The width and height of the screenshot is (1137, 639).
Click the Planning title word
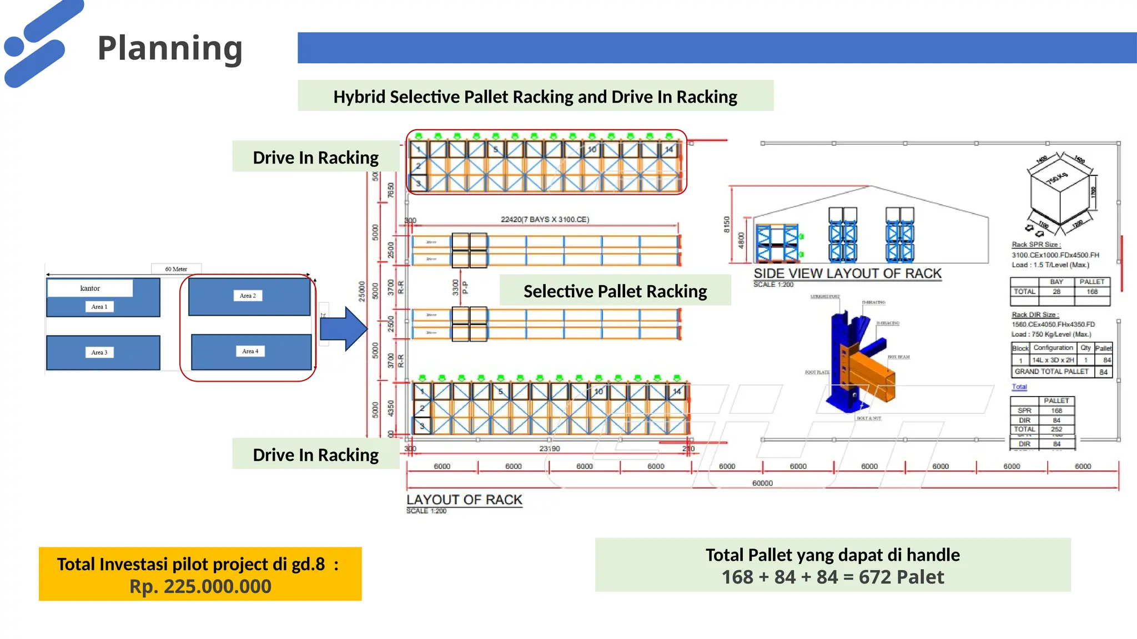(170, 48)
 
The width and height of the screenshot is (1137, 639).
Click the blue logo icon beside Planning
(39, 43)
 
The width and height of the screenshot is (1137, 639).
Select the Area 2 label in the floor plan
(248, 296)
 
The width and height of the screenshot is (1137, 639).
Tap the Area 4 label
(250, 351)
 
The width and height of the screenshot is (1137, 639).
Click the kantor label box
(90, 288)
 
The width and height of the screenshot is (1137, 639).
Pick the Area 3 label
(99, 352)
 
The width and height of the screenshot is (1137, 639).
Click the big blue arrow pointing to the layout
(343, 328)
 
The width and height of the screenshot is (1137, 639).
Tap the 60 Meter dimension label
(176, 269)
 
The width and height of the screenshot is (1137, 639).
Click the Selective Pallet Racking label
(615, 291)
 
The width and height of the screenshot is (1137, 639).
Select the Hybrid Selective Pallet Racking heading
(535, 96)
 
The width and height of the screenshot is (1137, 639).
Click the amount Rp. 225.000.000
(200, 586)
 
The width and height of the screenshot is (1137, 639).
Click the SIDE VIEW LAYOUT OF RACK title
(847, 273)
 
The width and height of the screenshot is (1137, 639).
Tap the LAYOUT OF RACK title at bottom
(464, 500)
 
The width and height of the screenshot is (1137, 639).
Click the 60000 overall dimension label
(762, 483)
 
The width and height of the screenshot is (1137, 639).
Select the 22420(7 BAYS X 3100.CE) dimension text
(545, 220)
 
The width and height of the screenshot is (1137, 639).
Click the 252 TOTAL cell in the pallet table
(1056, 429)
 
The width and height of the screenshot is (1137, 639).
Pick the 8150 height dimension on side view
(726, 224)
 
